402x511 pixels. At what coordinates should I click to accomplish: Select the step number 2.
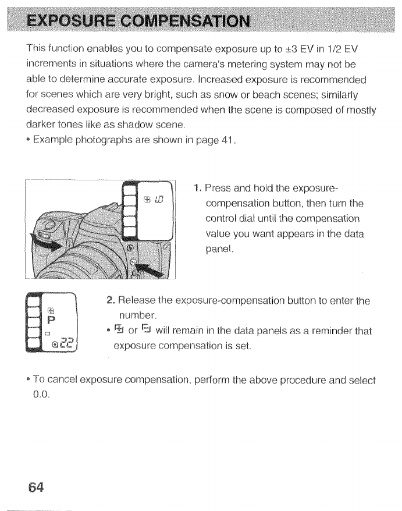click(x=110, y=300)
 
